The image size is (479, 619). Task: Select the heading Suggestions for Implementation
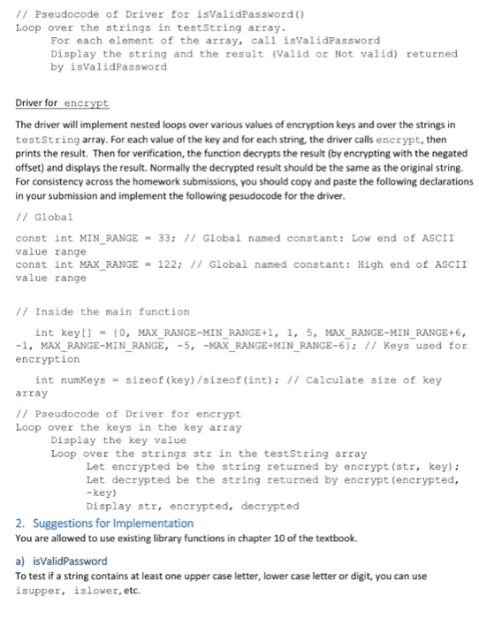[x=104, y=523]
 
